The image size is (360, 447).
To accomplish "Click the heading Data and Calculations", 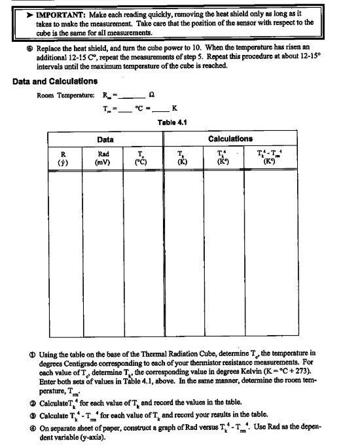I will (55, 81).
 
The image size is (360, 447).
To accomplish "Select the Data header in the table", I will (105, 139).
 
